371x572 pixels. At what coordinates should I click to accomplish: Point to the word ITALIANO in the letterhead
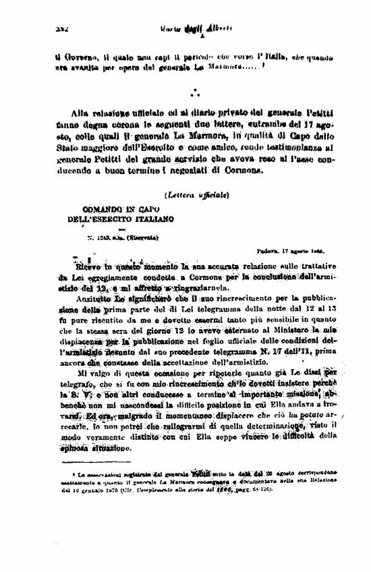(x=152, y=219)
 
